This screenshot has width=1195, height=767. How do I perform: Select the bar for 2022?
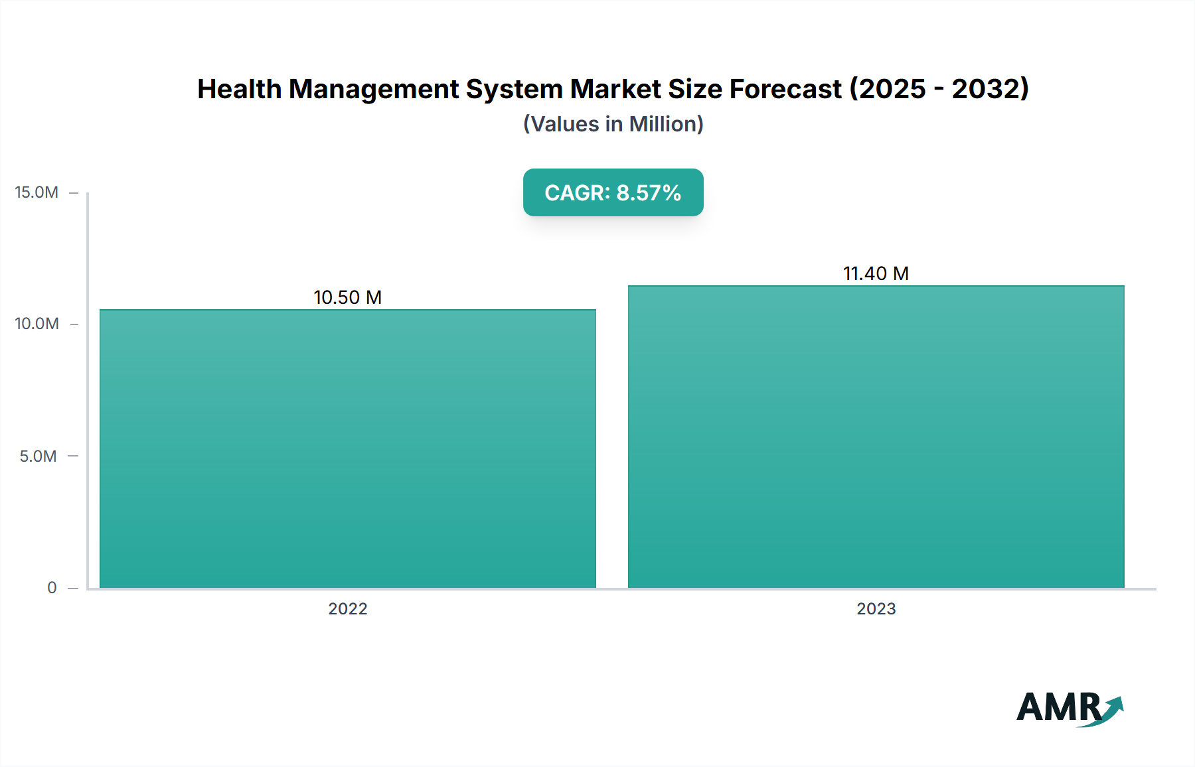[347, 449]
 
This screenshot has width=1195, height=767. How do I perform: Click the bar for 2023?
[876, 437]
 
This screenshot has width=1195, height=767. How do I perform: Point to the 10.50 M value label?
[347, 297]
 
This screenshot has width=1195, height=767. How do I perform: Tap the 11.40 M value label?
[876, 273]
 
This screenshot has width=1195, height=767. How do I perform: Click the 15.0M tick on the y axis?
[37, 192]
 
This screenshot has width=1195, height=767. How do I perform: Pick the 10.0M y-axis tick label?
[37, 324]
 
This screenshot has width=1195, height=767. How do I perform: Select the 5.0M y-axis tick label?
[38, 456]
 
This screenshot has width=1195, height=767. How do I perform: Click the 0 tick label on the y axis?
[52, 587]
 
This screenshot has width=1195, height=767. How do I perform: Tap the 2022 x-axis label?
[347, 608]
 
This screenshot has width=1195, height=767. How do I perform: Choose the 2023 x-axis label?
[876, 608]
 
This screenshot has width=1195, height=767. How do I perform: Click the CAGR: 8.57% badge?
[613, 192]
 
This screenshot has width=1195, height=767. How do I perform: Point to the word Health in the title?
[239, 89]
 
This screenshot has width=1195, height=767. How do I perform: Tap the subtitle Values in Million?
[613, 124]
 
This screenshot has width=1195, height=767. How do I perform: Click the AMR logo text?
[1058, 707]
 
